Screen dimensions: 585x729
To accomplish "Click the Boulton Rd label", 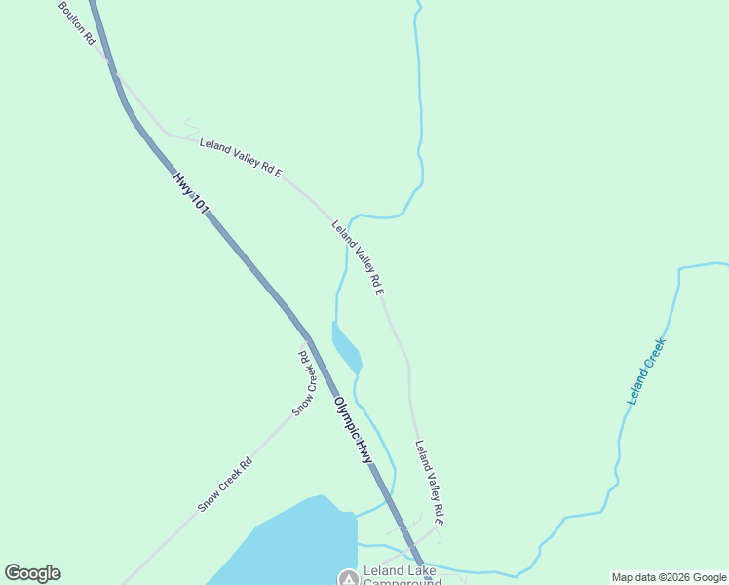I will coord(76,22).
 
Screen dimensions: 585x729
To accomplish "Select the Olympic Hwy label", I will coord(353,429).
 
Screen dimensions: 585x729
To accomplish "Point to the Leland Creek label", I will coord(646,371).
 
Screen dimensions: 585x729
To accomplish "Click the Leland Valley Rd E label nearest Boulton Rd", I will coord(241,158).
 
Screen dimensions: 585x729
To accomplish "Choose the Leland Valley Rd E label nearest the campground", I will coord(429,484).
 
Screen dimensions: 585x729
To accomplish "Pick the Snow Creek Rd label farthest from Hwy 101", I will coord(225,485).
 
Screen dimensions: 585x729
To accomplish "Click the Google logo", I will coord(32,573).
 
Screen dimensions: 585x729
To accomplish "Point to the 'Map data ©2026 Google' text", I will coord(670,577).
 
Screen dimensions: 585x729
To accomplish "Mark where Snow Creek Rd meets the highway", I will coord(308,340).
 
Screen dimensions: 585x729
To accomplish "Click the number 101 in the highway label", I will coord(200,204).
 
